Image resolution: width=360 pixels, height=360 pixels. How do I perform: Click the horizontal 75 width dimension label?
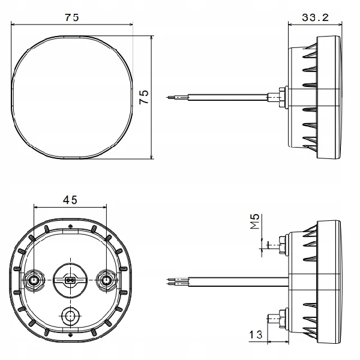[x=71, y=17]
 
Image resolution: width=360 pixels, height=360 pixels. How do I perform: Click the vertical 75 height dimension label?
[x=144, y=97]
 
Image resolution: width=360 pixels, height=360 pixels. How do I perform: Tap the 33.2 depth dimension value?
[x=315, y=17]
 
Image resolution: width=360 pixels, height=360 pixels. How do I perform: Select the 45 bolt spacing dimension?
[x=70, y=200]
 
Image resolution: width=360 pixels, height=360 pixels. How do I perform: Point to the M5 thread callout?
[x=255, y=221]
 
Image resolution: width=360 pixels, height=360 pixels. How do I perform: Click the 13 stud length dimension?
[x=256, y=335]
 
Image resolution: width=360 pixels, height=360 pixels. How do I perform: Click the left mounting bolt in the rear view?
[x=34, y=280]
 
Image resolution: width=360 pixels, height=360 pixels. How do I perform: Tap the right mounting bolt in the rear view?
[x=106, y=280]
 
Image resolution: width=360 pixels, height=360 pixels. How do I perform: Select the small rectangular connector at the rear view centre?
[x=70, y=280]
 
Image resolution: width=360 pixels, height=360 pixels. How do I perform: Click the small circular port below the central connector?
[x=70, y=316]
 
